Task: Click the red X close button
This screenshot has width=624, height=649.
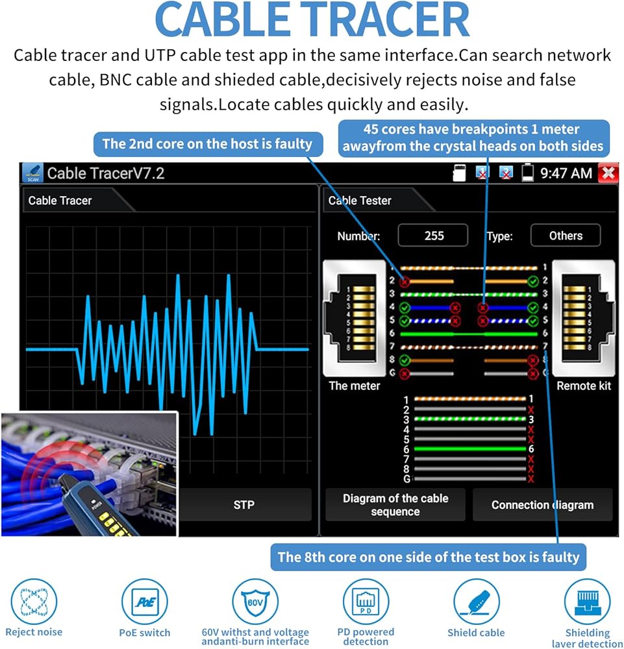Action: coord(608,173)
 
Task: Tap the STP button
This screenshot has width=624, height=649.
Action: coord(243,504)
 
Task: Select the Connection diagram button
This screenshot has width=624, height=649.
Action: coord(542,504)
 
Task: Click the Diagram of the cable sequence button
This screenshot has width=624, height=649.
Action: coord(395,504)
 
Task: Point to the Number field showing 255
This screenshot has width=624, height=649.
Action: coord(433,236)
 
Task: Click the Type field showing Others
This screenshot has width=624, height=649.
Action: coord(566,236)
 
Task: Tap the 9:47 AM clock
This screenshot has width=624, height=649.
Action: coord(566,173)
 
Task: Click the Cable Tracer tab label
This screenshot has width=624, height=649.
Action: coord(60,201)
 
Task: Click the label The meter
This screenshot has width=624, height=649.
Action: coord(355,386)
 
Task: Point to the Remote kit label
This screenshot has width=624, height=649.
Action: coord(584,386)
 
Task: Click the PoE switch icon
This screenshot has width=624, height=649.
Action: coord(144,602)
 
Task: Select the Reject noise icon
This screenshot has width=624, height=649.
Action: coord(34,602)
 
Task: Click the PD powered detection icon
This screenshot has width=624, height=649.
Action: coord(366,602)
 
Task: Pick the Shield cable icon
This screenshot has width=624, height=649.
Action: coord(476,602)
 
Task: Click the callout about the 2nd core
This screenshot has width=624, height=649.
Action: coord(208,143)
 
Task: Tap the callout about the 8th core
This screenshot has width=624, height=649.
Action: coord(429,556)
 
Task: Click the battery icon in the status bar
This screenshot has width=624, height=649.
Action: coord(528,173)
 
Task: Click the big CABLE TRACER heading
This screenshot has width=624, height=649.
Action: coord(312,21)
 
